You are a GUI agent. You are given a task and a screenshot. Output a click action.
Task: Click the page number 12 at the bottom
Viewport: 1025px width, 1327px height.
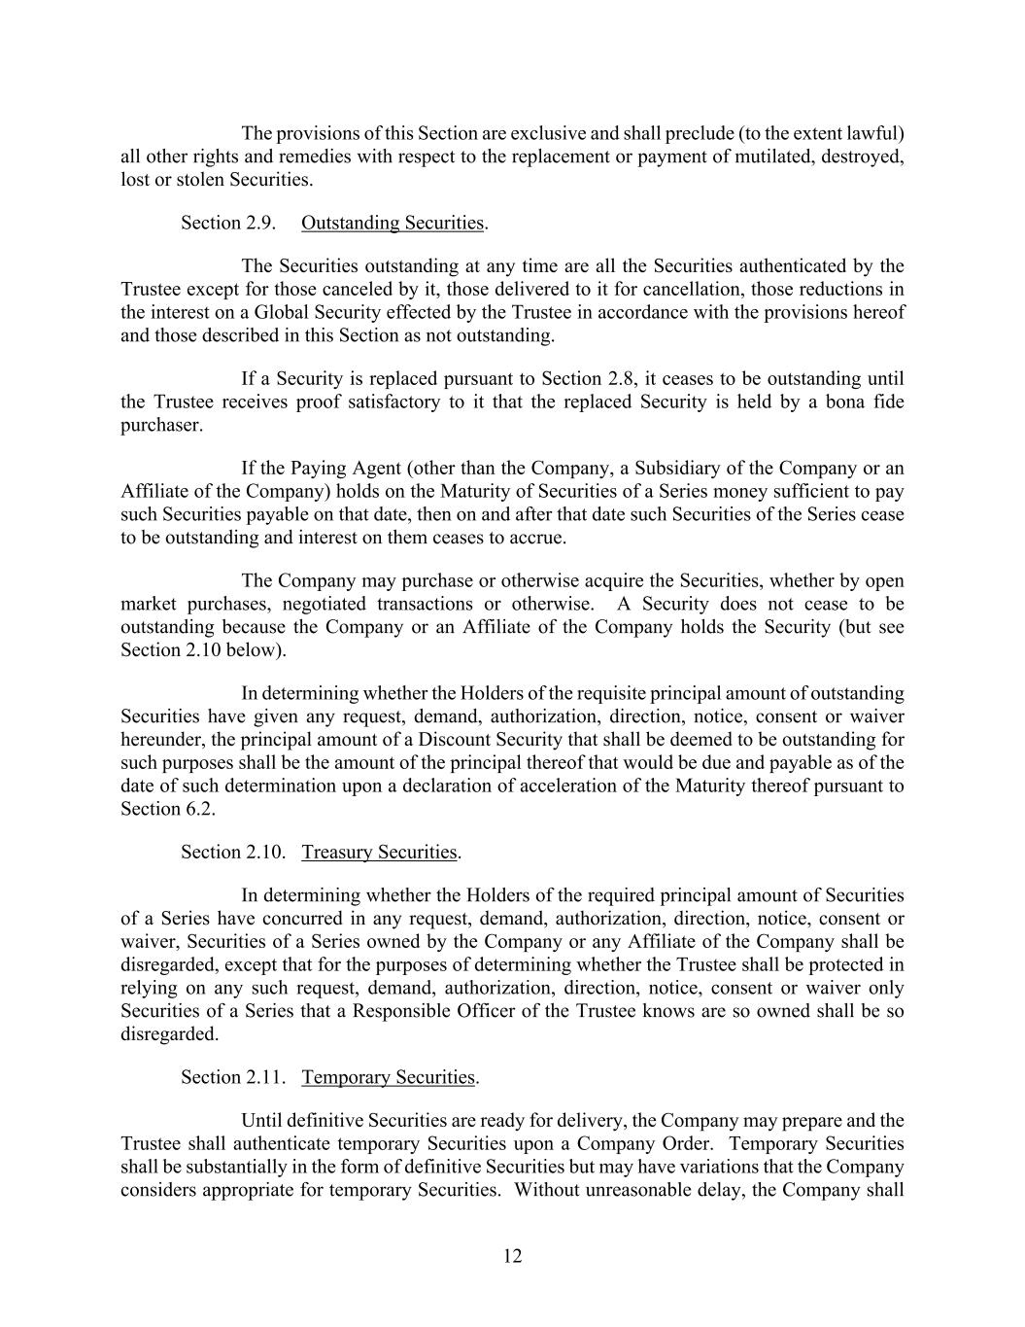click(x=512, y=1256)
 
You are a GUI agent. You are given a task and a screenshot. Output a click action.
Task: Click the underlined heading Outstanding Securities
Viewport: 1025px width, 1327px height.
click(x=392, y=223)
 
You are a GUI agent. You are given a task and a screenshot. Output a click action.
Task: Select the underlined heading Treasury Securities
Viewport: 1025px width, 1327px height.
click(x=379, y=852)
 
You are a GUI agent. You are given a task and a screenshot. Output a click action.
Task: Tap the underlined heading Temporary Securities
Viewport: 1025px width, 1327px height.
click(x=388, y=1077)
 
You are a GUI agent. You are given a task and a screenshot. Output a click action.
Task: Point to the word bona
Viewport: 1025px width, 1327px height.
click(x=843, y=402)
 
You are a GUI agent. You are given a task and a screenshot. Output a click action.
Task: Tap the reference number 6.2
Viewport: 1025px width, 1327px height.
click(x=198, y=809)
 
